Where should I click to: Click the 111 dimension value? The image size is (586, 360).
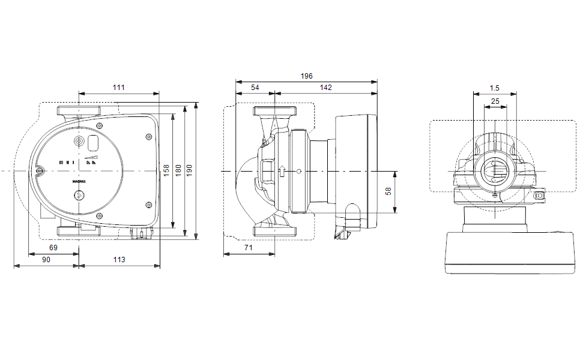coord(119,88)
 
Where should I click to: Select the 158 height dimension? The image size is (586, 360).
coord(167,172)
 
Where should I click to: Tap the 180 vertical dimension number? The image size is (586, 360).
coord(178,172)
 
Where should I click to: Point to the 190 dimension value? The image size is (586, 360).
coord(190,172)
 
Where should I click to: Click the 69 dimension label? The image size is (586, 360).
coord(53,247)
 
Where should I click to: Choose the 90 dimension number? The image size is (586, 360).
coord(46,259)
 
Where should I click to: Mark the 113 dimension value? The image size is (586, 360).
coord(119,259)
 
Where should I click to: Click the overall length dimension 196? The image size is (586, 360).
coord(306,76)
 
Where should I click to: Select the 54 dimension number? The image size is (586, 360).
coord(255,88)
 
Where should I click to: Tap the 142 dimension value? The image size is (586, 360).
coord(325,88)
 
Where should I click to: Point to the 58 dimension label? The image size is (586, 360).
coord(388,191)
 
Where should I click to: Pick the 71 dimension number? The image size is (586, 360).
coord(249,247)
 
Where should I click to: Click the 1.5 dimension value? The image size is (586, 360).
coord(495,88)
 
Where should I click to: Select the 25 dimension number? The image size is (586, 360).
coord(495,101)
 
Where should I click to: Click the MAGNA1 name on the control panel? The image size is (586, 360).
coord(79,180)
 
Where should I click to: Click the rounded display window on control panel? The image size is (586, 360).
coord(94,143)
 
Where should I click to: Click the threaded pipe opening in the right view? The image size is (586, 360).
coord(495,172)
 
